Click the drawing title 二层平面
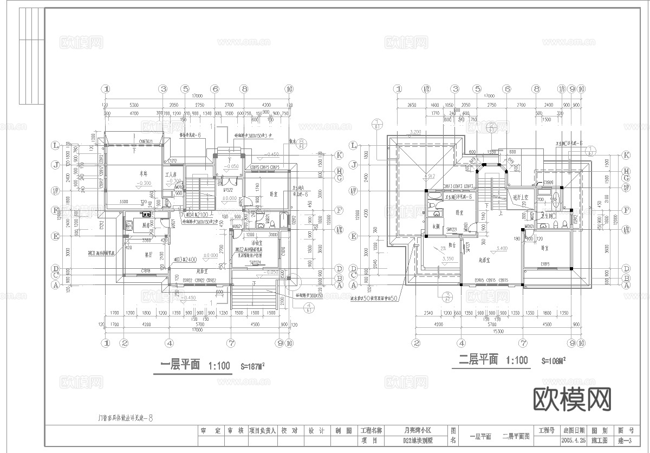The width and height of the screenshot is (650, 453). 478,360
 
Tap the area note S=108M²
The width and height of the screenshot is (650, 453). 553,360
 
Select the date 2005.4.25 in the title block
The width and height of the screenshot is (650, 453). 575,441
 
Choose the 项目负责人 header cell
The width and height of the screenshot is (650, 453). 263,431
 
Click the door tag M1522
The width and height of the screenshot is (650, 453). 228,190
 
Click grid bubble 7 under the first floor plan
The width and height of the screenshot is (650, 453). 231,342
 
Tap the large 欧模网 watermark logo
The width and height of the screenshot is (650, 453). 572,400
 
